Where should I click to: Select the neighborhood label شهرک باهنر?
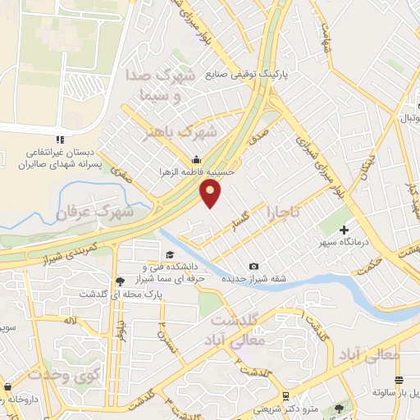pos(181,132)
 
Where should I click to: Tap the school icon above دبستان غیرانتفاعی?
pos(57,139)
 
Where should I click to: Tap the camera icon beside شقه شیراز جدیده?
pos(254,266)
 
